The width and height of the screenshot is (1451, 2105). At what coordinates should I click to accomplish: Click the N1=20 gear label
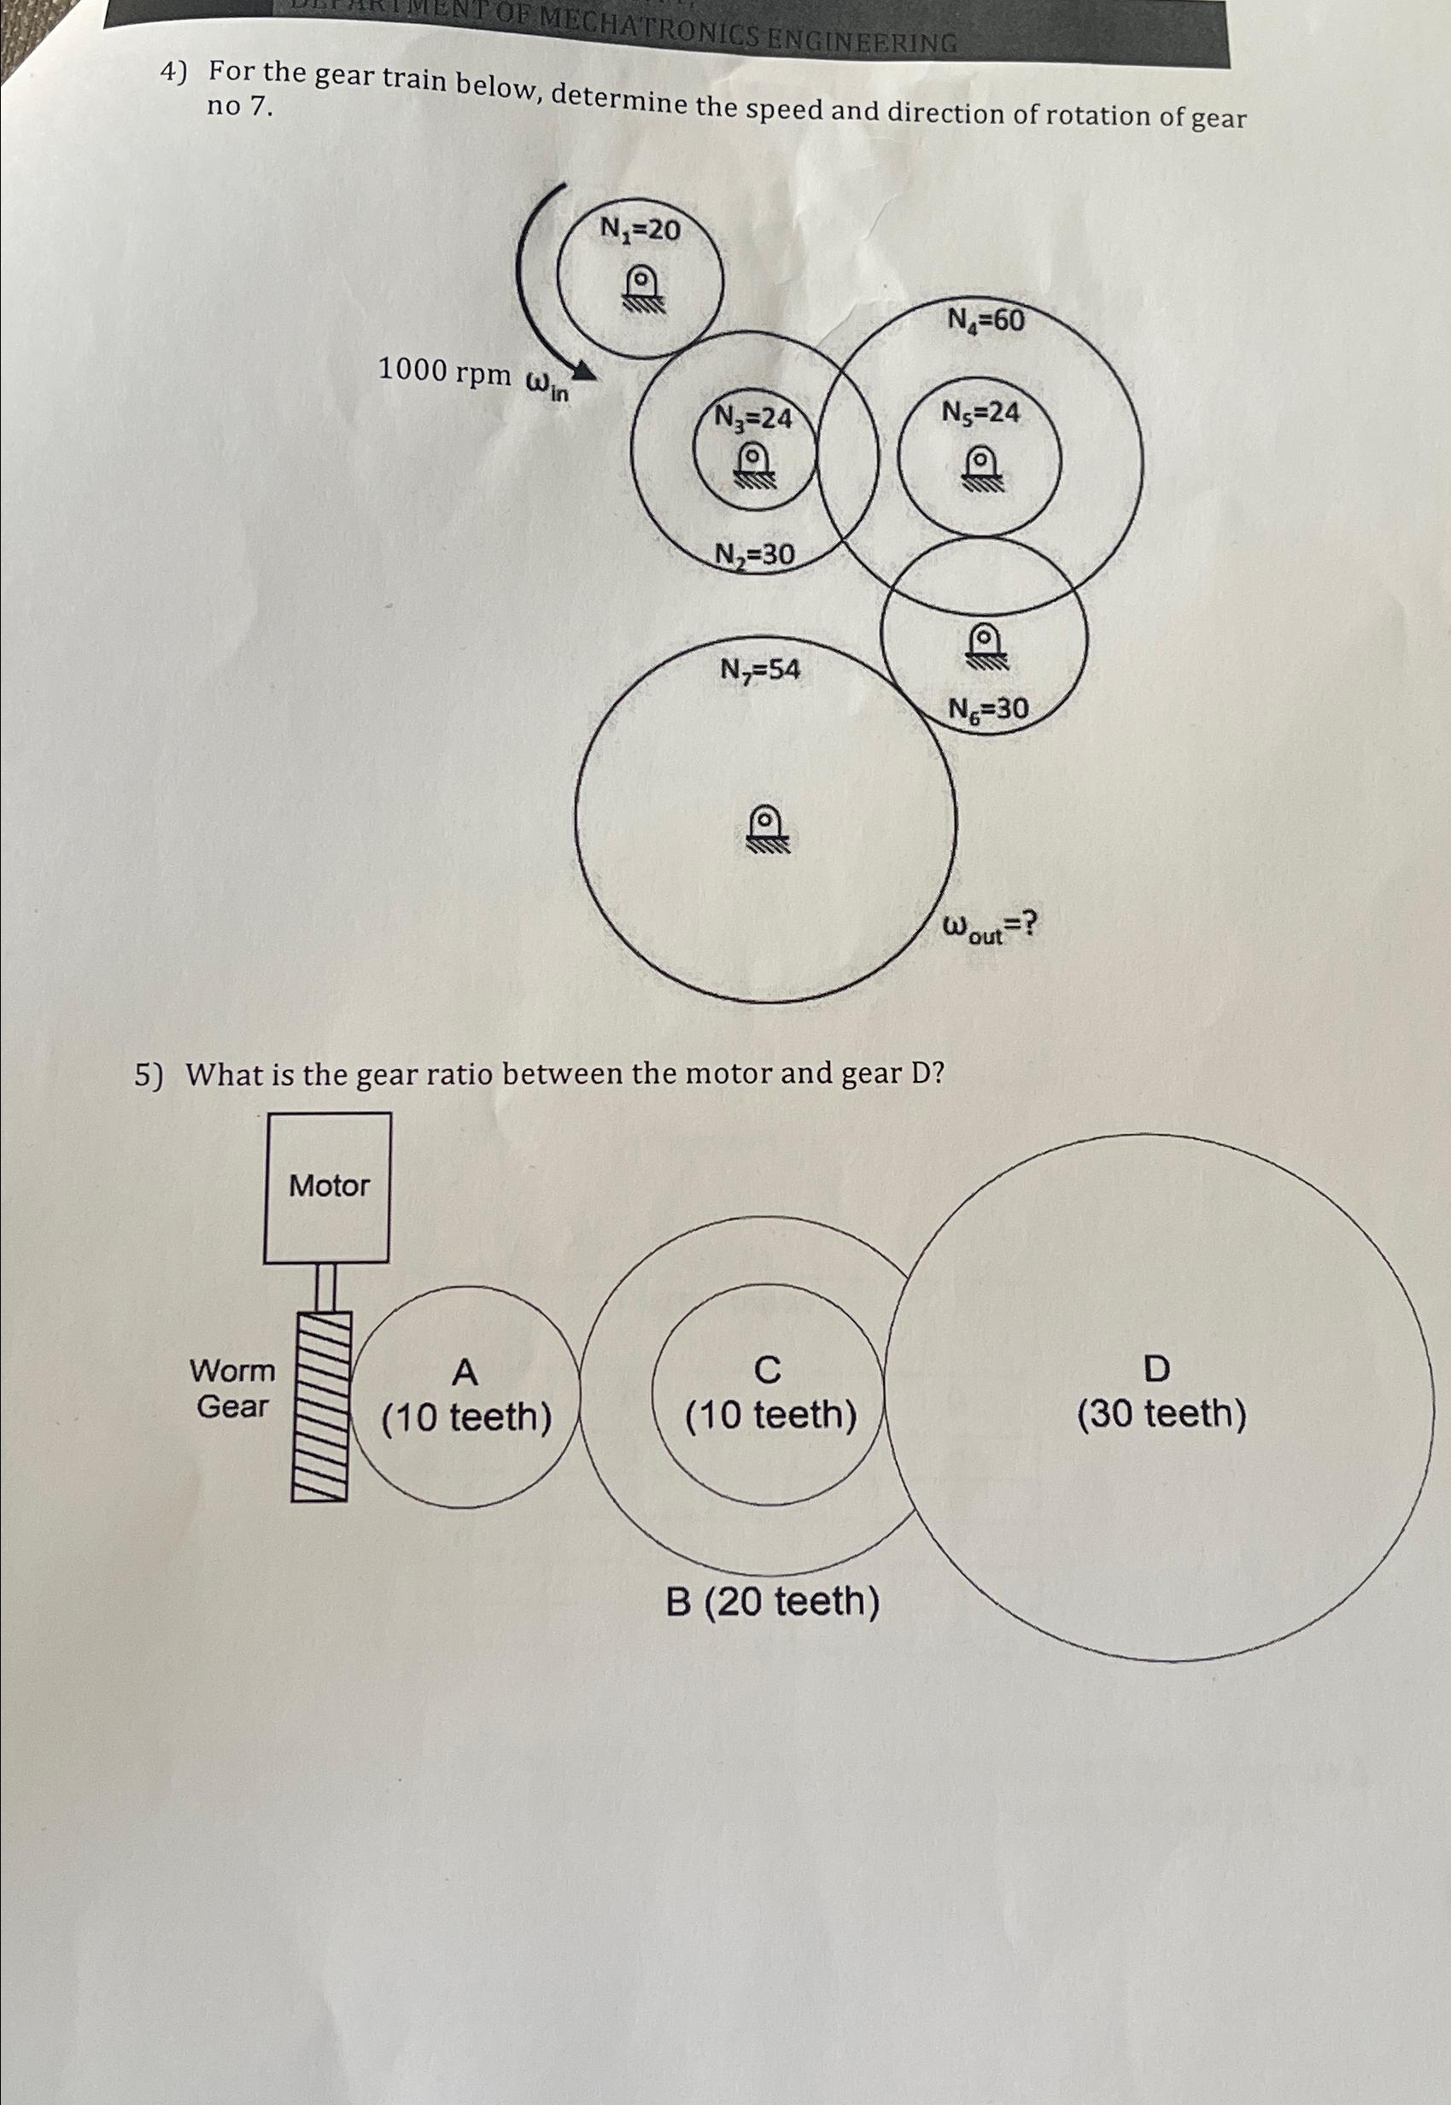[x=639, y=229]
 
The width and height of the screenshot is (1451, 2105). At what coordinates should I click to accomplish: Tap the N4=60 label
[x=986, y=320]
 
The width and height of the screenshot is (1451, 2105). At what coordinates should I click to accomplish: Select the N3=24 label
[x=752, y=418]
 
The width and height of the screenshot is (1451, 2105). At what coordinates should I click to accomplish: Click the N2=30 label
[x=754, y=554]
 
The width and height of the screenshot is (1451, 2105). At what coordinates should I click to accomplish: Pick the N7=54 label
[x=760, y=670]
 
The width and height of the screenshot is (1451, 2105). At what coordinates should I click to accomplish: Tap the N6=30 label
[x=988, y=708]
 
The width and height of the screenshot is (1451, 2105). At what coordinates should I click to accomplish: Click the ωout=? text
[x=988, y=927]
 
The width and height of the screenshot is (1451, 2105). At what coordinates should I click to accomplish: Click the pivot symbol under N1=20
[x=642, y=287]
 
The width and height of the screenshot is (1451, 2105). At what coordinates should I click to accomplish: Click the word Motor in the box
[x=329, y=1185]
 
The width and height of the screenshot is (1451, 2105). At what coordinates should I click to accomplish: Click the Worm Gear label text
[x=231, y=1388]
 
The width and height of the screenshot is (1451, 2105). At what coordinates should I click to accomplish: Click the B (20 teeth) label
[x=772, y=1602]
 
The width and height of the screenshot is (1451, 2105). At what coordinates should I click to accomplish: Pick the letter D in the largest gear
[x=1156, y=1368]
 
